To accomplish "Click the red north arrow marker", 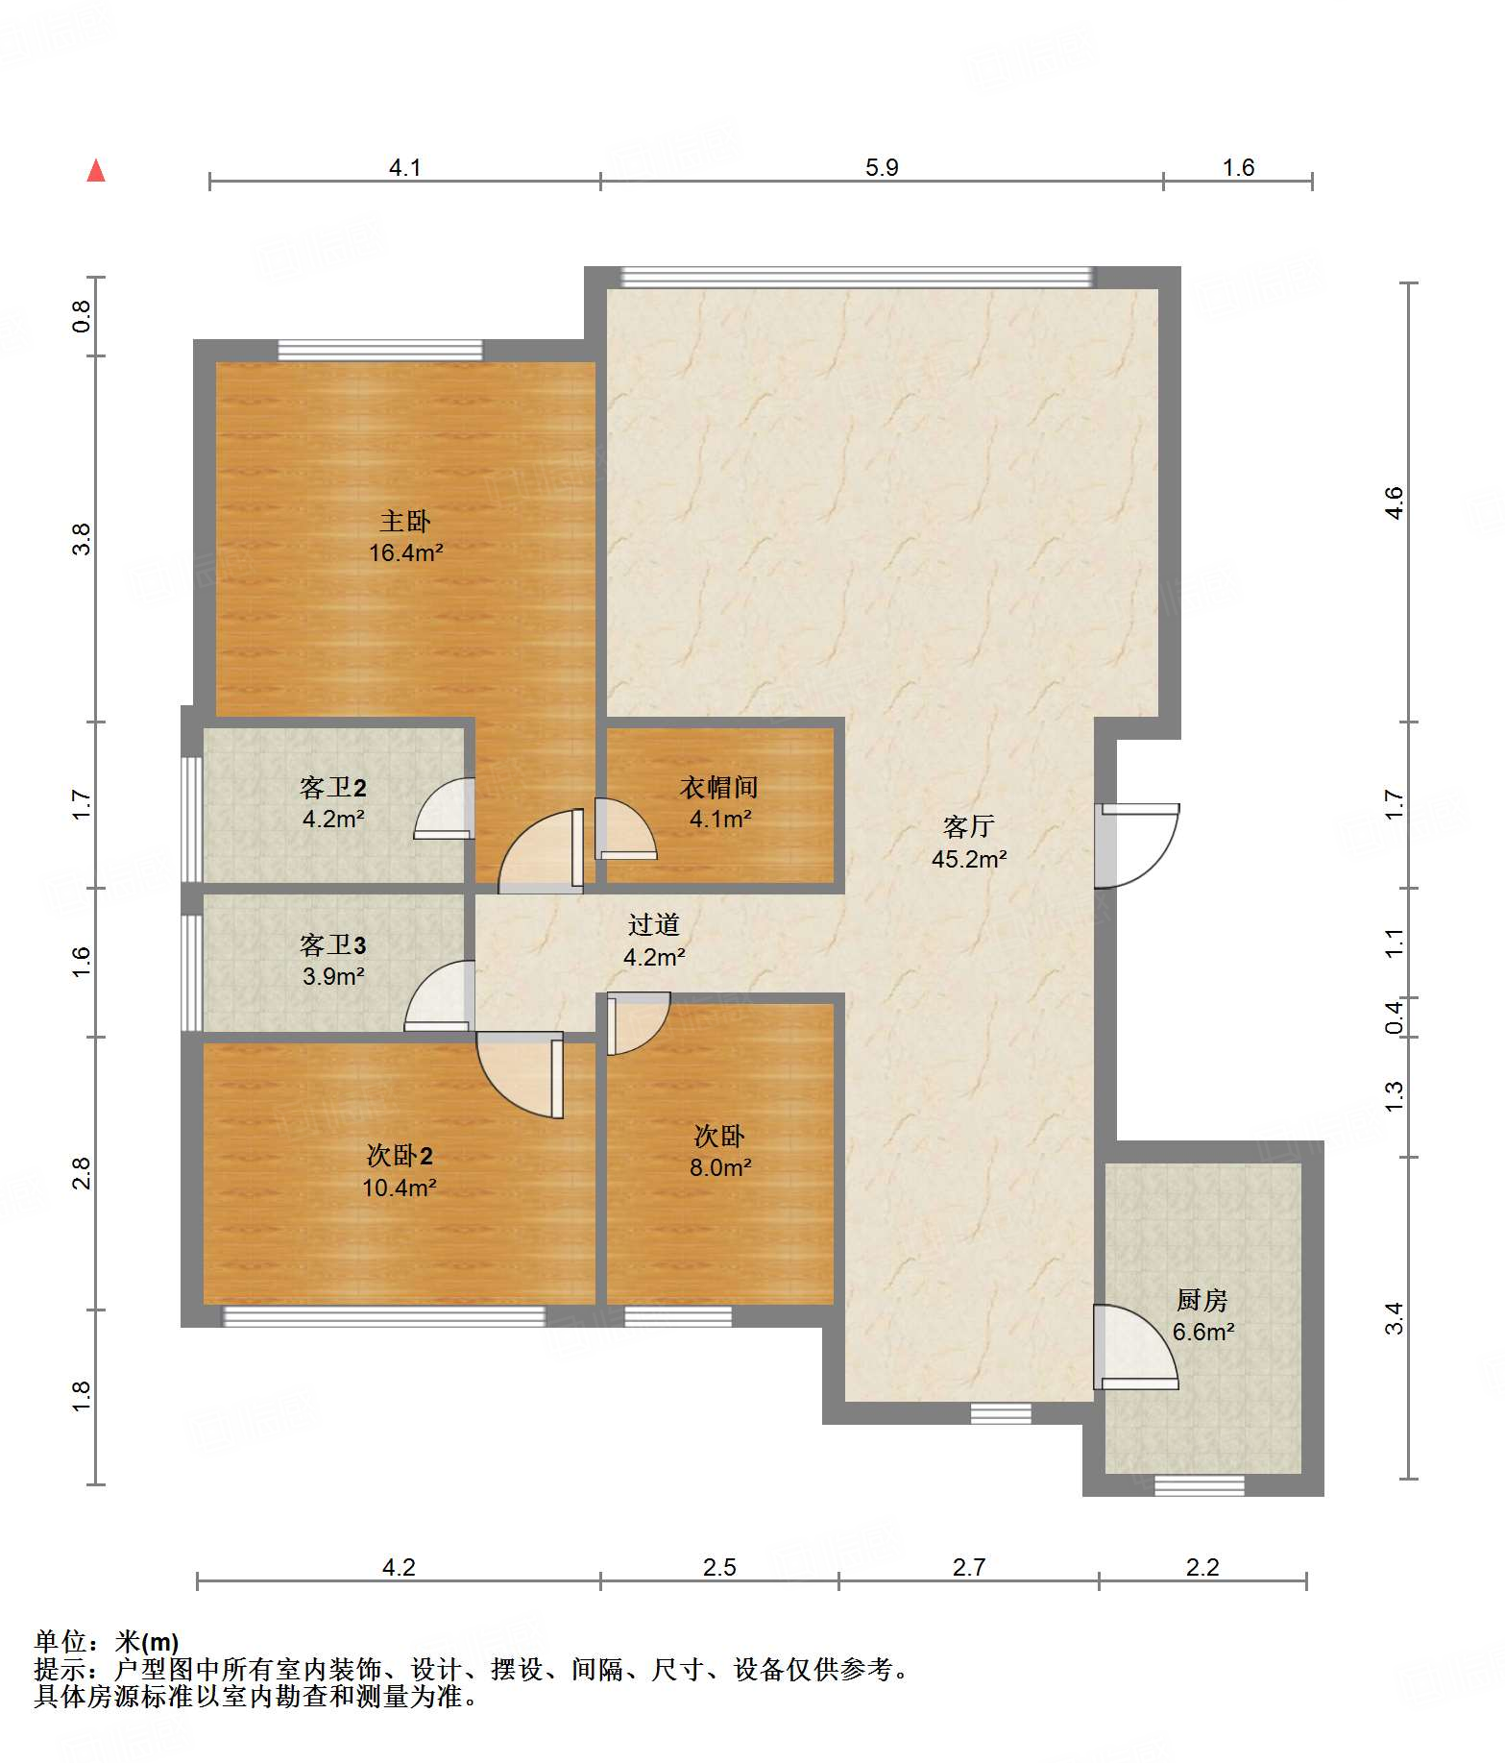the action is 96,171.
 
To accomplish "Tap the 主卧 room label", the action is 405,521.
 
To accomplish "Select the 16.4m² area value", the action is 405,552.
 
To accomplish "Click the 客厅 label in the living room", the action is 968,826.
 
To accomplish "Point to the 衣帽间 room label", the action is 719,787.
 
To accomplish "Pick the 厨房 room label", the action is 1202,1300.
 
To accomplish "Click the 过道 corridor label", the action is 654,924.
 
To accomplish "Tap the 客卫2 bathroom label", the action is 333,788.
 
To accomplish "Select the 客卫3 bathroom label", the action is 333,945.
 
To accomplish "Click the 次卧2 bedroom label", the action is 400,1155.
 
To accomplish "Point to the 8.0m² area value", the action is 720,1167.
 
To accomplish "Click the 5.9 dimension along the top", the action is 882,167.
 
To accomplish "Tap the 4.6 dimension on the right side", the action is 1394,502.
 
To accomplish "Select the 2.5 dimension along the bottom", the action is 719,1567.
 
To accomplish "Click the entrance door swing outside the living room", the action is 1138,845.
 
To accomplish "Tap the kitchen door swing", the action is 1135,1346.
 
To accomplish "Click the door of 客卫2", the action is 444,808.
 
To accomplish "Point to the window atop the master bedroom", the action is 380,350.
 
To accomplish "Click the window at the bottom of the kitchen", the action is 1199,1484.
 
